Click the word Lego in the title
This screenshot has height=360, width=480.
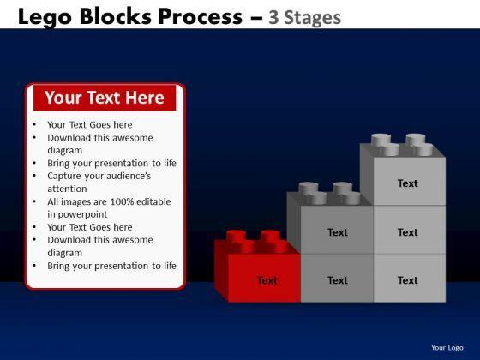tap(45, 17)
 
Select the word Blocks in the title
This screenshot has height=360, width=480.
tap(115, 16)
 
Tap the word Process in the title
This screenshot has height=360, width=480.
tap(201, 16)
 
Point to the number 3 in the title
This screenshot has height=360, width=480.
tap(273, 17)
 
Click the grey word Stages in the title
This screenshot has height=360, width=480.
tap(312, 18)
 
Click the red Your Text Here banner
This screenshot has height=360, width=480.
tap(105, 98)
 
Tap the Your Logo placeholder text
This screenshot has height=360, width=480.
tap(447, 347)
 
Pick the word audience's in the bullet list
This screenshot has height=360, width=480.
tap(133, 176)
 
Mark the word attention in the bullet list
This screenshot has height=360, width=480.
tap(67, 189)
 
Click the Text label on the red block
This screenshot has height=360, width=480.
tap(267, 280)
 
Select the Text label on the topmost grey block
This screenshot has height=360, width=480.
tap(407, 183)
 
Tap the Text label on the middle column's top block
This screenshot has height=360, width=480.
tap(338, 232)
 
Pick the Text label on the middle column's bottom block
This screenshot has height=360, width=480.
tap(338, 280)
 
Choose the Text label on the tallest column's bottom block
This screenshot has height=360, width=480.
tap(407, 280)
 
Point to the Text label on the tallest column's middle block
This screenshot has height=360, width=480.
tap(407, 232)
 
